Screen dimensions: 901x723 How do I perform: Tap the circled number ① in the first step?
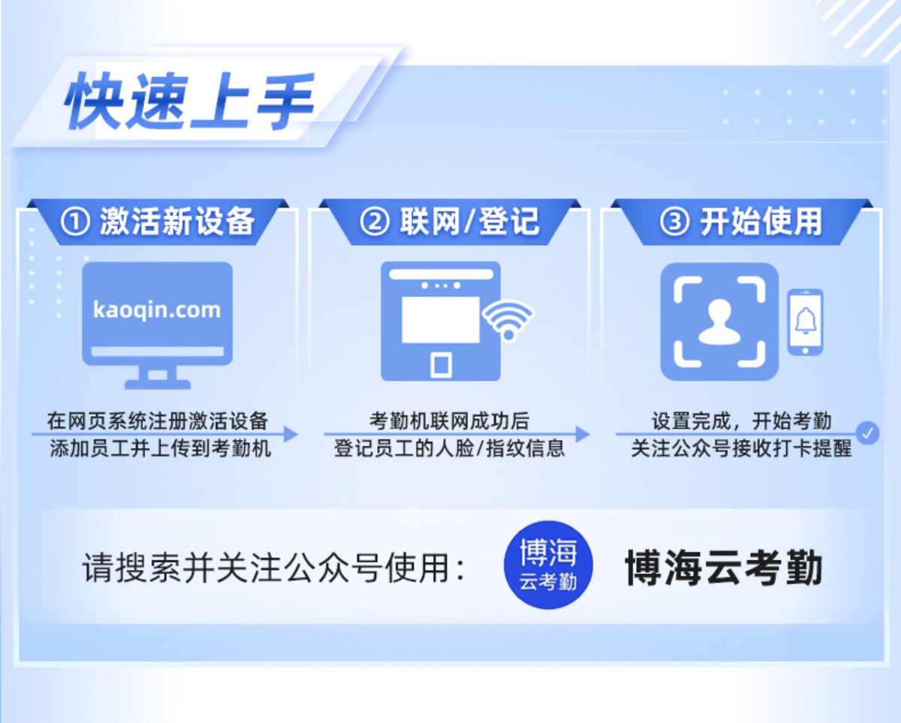75,221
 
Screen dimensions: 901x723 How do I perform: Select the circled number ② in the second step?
375,221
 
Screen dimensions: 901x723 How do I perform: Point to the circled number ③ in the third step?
674,221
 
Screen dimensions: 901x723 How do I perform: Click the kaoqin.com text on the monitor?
157,310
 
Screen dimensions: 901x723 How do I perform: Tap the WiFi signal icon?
508,321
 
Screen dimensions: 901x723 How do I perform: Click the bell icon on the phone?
806,321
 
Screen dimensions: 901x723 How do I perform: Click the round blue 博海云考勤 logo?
548,565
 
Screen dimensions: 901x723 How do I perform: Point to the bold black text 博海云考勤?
724,568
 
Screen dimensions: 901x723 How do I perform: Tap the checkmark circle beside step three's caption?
867,433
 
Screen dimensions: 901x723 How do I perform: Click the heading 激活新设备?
177,221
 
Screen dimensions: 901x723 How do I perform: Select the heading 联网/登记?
469,221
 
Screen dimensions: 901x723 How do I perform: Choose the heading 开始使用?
761,221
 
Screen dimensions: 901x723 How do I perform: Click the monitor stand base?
158,384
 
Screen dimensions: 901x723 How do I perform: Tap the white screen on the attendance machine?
441,319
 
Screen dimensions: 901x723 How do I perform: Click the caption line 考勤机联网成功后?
449,420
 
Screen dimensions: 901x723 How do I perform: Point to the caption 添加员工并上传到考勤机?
161,448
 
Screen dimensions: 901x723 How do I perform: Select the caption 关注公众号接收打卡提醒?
741,448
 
